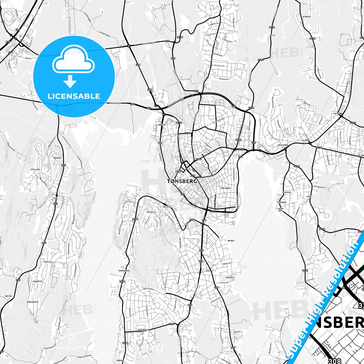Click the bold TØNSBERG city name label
tap(182, 181)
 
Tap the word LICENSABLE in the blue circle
tap(74, 96)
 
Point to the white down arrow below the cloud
tap(70, 81)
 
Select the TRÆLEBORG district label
tap(225, 188)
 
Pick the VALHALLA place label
tap(151, 212)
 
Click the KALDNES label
tap(167, 207)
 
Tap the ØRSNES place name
tap(231, 241)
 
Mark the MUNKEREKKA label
tap(124, 271)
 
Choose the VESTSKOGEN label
tap(143, 330)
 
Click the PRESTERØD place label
tap(283, 145)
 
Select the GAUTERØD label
tap(337, 113)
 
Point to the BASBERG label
tap(307, 17)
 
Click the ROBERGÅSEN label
tap(33, 302)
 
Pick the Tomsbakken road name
tap(148, 44)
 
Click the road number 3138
tap(180, 37)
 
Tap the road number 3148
tap(312, 39)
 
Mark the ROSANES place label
tap(230, 277)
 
